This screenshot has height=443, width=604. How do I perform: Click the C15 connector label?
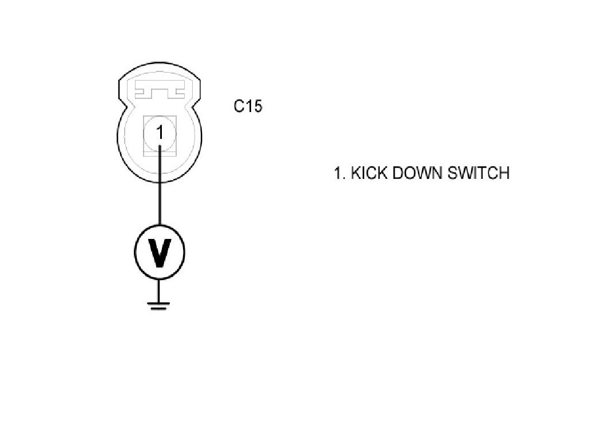pyautogui.click(x=248, y=106)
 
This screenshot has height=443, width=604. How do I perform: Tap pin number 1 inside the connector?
pyautogui.click(x=160, y=133)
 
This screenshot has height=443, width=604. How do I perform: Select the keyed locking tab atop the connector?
pyautogui.click(x=160, y=91)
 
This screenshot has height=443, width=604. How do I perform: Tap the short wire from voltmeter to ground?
pyautogui.click(x=160, y=289)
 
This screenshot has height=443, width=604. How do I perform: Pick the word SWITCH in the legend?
pyautogui.click(x=478, y=173)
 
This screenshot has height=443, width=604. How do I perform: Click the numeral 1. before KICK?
pyautogui.click(x=340, y=173)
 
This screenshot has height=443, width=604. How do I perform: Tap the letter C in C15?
pyautogui.click(x=240, y=106)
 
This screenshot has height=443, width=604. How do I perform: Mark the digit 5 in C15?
pyautogui.click(x=257, y=106)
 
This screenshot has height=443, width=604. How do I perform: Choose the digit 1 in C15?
pyautogui.click(x=249, y=106)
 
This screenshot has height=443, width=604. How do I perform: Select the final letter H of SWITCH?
pyautogui.click(x=503, y=173)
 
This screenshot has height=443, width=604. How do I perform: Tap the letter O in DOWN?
pyautogui.click(x=411, y=173)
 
